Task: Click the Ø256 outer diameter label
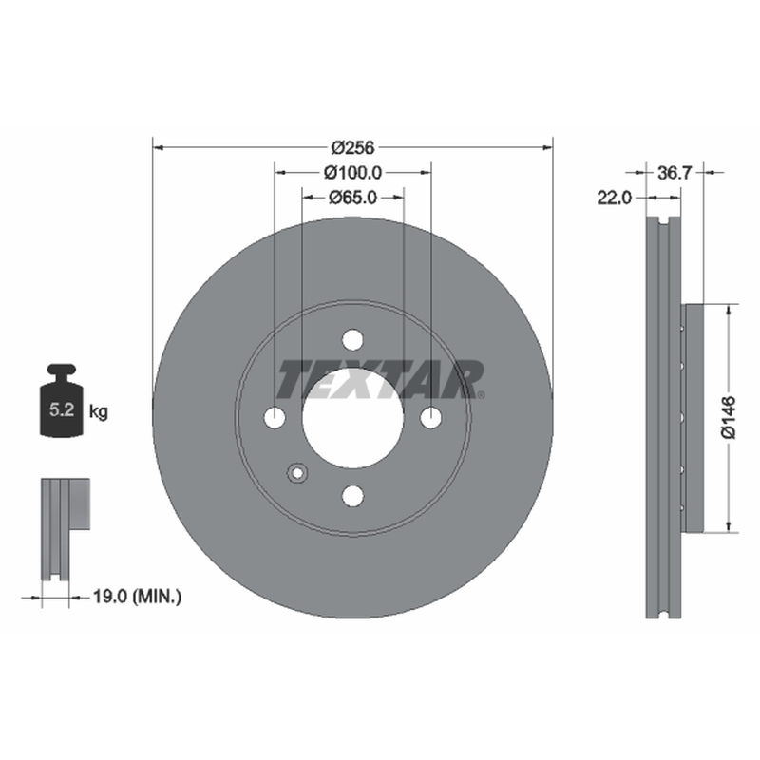click(x=352, y=147)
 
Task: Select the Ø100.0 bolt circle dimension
click(x=352, y=172)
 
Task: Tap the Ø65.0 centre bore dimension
click(x=352, y=198)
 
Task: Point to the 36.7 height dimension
click(x=674, y=173)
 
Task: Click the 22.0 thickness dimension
click(x=614, y=198)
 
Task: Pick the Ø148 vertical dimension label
click(x=729, y=418)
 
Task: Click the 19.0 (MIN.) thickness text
click(x=137, y=597)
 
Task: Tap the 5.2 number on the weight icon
click(x=62, y=410)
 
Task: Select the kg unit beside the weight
click(x=99, y=412)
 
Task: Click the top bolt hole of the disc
click(x=352, y=340)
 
